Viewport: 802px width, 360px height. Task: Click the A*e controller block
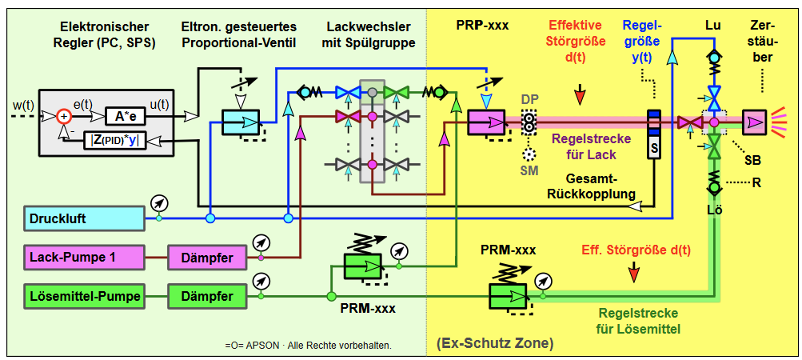122,116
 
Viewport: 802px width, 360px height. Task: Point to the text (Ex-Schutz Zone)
495,344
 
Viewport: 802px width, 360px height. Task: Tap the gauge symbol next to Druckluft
160,202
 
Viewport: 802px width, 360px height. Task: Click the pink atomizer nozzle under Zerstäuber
753,122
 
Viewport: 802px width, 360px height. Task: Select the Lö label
713,210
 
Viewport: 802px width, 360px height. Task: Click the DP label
529,98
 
